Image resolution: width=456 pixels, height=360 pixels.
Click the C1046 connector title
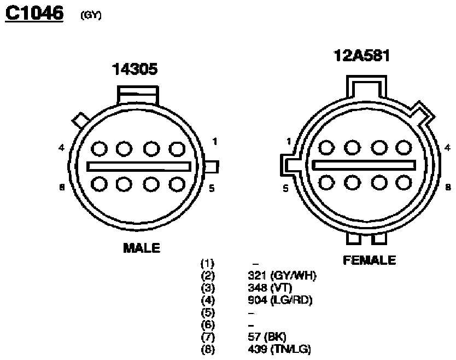click(x=34, y=13)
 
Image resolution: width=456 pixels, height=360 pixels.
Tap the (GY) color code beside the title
click(x=91, y=15)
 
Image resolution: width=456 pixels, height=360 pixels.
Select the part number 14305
click(x=135, y=69)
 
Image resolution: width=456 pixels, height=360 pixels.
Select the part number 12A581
click(x=361, y=56)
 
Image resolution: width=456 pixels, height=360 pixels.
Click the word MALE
click(x=142, y=248)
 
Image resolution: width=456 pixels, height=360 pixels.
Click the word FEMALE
click(x=369, y=260)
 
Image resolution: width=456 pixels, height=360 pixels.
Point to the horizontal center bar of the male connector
click(x=139, y=166)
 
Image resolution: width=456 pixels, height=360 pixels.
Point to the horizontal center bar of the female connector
click(x=364, y=165)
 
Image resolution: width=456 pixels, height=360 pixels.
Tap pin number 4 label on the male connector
click(x=61, y=148)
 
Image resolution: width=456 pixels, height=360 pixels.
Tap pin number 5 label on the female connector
click(x=285, y=188)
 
